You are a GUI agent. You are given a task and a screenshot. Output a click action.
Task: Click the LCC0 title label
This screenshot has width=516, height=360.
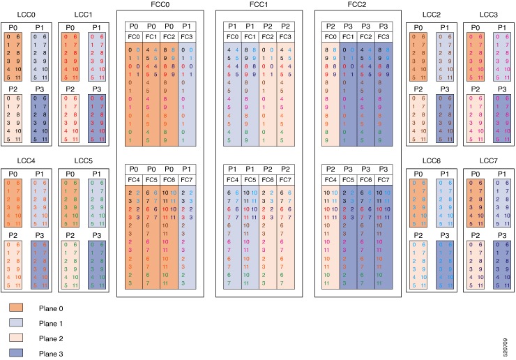[26, 14]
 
